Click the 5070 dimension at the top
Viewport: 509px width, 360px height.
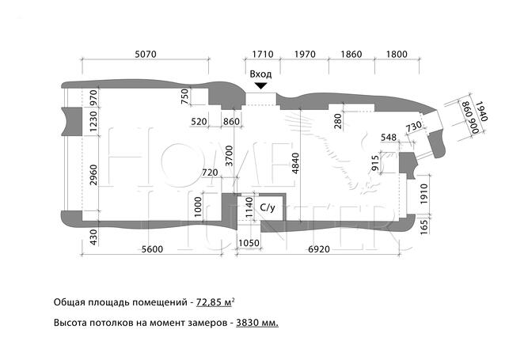point(146,54)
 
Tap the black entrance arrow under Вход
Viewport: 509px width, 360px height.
point(260,86)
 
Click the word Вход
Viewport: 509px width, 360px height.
point(260,74)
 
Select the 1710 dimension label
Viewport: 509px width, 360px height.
point(263,54)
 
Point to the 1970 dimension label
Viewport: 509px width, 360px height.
point(305,54)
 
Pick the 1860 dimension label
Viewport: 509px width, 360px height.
point(351,54)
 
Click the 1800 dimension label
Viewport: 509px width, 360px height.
point(397,54)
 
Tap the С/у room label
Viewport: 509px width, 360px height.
point(268,207)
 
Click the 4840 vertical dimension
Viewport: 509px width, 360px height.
point(295,164)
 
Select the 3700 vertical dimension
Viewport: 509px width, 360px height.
point(230,156)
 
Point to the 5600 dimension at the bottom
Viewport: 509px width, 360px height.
point(152,249)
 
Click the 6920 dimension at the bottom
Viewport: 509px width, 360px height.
point(319,249)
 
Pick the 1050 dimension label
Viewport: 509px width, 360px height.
point(249,243)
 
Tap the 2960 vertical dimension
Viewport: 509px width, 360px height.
point(93,175)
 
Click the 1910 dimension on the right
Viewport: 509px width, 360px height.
point(424,194)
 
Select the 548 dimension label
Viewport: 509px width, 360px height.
point(389,138)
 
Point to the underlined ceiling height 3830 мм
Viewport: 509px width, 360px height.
point(257,323)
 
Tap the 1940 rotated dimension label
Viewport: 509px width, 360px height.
point(482,112)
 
